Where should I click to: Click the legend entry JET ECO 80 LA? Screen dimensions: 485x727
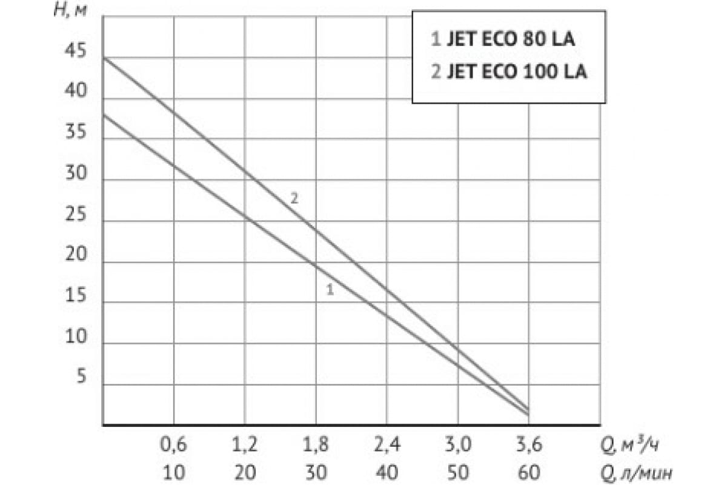tap(502, 41)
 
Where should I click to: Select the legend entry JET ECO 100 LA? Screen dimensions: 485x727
tap(508, 72)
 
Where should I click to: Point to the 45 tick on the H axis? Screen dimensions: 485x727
tap(77, 52)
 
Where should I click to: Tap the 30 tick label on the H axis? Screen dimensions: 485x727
tap(77, 175)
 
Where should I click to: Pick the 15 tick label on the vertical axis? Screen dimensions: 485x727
tap(77, 297)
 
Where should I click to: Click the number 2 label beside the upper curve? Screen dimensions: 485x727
tap(294, 198)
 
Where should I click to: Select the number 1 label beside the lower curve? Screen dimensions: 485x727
tap(330, 290)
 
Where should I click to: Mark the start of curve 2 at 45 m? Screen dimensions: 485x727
tap(104, 58)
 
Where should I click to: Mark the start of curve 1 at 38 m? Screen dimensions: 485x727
tap(104, 115)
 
